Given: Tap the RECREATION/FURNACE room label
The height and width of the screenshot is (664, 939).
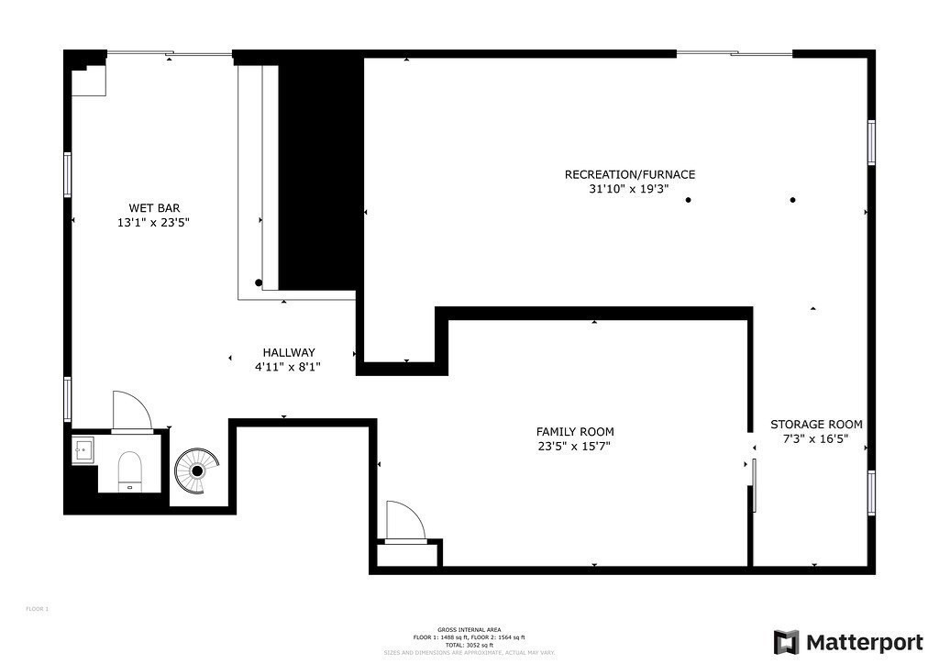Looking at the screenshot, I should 629,174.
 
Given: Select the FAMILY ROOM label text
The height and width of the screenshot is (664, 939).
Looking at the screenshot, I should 575,431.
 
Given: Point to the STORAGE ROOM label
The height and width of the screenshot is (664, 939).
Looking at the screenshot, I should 816,424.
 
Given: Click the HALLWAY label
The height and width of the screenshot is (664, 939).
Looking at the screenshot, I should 289,352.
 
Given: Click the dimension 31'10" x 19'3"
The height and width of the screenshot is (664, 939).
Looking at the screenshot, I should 629,190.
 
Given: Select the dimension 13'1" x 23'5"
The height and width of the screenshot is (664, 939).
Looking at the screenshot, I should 152,222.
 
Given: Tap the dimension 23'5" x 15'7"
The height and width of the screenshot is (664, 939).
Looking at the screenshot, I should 575,447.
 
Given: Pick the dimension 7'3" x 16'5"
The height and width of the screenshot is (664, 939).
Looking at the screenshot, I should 816,439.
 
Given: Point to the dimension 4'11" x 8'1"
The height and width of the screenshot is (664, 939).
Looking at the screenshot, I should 288,367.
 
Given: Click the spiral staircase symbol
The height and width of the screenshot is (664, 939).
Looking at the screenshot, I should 196,470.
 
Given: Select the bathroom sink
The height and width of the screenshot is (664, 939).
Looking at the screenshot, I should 83,450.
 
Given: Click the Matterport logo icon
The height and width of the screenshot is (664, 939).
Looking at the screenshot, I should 786,642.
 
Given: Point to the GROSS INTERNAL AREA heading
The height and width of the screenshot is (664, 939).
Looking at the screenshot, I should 469,630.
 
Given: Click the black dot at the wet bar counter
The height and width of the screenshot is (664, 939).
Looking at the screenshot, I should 259,282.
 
